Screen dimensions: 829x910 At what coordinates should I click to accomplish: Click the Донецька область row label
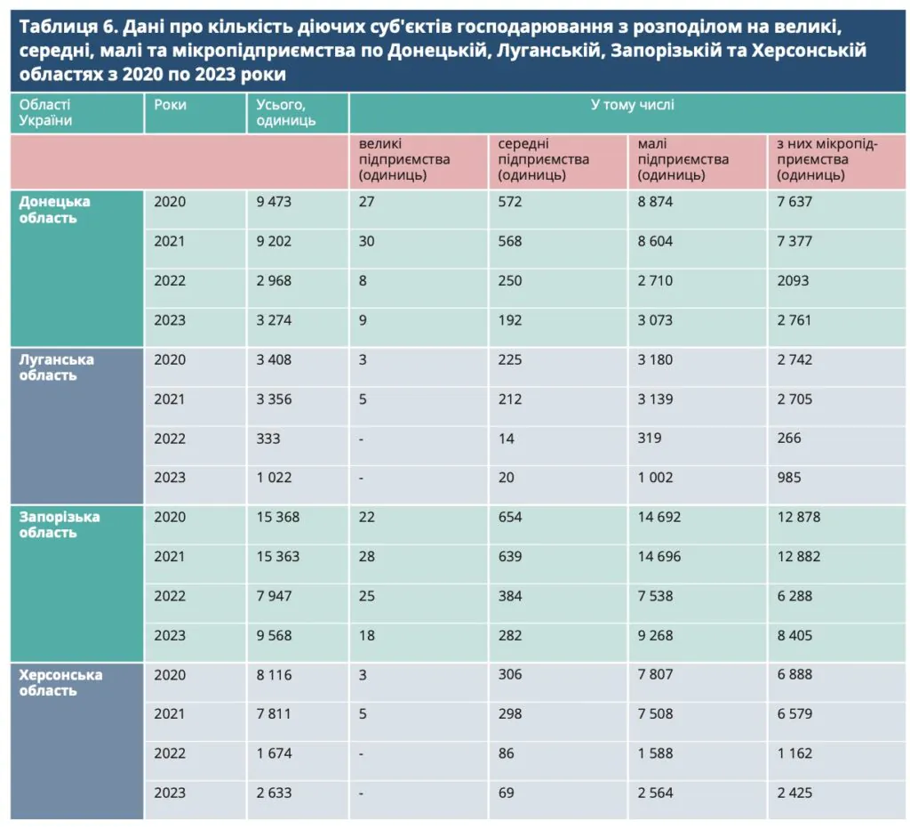point(55,210)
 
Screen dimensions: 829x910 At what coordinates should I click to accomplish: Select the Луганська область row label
point(57,367)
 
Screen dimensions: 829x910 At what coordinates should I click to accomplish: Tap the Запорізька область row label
point(60,525)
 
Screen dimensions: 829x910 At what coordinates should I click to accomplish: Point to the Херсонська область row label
point(61,682)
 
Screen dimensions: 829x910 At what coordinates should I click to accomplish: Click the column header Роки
point(171,105)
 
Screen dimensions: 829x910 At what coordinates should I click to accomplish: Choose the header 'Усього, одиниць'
point(286,113)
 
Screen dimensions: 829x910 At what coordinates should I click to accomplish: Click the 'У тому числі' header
point(632,105)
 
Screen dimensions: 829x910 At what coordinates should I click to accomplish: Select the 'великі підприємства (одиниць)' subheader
point(404,159)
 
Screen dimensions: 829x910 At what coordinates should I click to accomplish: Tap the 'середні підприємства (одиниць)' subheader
point(544,159)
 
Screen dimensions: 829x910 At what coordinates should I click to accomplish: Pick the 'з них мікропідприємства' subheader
point(826,159)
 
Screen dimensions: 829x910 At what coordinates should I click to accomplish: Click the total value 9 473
point(274,202)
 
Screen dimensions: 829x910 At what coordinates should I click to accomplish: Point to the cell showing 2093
point(794,281)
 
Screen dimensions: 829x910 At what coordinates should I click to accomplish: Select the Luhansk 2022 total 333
point(267,439)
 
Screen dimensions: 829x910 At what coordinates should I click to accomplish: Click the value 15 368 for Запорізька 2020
point(278,518)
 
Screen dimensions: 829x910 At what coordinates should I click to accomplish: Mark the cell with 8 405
point(794,636)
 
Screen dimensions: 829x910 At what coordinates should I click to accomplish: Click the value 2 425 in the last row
point(794,793)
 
